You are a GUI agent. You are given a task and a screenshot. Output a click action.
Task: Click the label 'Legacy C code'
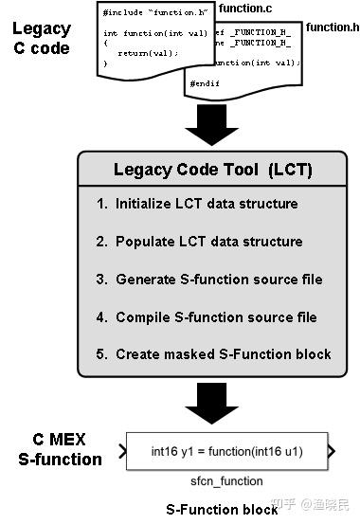41,34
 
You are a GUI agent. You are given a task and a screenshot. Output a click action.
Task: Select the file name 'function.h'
331,27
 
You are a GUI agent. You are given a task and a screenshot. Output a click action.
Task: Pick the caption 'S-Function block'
223,509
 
